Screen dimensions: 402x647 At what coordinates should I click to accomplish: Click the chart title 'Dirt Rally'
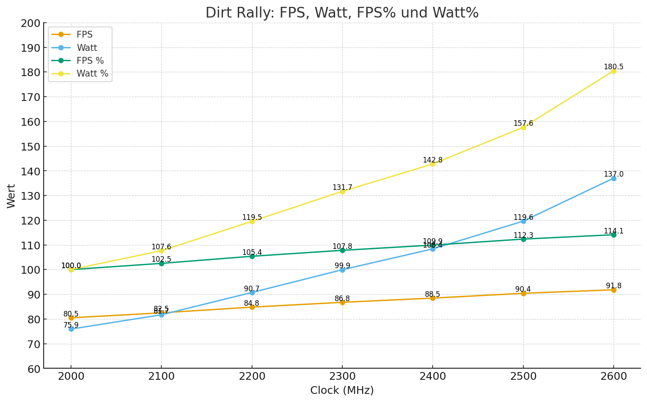click(342, 13)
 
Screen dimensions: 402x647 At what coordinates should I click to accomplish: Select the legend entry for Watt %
click(92, 74)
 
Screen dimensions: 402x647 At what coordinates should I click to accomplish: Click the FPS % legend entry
click(90, 61)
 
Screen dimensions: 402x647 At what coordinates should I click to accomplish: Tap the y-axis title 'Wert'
click(12, 196)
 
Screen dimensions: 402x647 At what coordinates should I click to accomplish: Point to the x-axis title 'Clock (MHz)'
click(342, 390)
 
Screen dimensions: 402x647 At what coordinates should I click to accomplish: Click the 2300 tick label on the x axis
click(342, 376)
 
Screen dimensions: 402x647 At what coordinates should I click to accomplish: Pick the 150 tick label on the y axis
click(30, 147)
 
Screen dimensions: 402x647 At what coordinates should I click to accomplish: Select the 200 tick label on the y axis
click(30, 23)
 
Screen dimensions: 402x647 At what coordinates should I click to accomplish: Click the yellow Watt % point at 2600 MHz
click(614, 71)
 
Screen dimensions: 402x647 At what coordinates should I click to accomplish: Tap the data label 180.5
click(614, 67)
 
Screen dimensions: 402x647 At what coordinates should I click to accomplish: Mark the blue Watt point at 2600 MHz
click(614, 178)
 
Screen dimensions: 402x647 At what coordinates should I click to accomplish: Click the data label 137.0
click(614, 174)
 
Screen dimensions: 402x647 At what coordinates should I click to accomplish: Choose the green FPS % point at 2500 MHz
click(523, 239)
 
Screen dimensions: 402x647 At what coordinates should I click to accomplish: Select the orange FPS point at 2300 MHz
click(342, 302)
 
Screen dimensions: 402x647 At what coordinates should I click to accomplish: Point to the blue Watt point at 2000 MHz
click(71, 329)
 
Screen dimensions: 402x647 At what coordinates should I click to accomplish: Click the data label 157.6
click(523, 124)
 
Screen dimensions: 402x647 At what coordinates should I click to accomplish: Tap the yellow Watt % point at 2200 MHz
click(252, 222)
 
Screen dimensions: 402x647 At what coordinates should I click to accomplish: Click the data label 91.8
click(614, 286)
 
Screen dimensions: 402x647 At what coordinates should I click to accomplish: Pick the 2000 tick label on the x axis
click(71, 376)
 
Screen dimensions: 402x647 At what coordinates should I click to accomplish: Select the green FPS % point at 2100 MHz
click(161, 263)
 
